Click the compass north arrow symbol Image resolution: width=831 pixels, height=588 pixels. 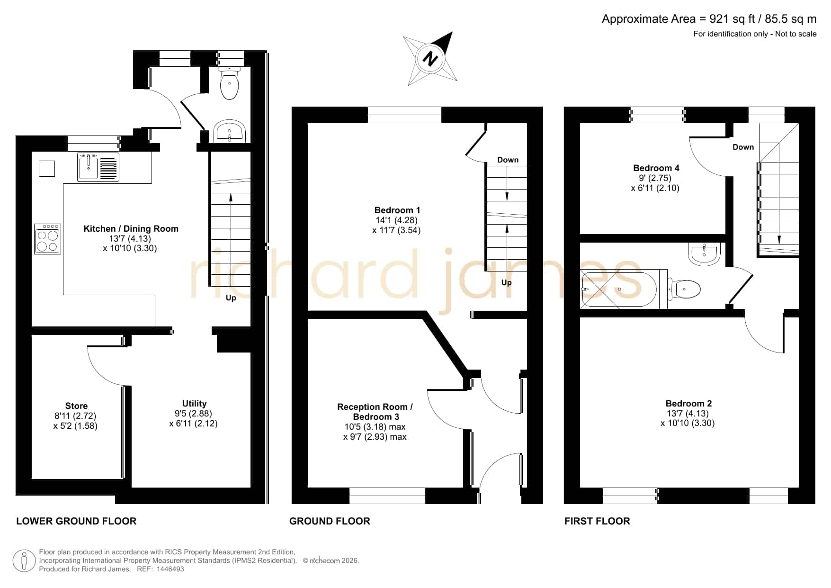[430, 59]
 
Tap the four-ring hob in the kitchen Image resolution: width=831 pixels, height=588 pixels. [47, 239]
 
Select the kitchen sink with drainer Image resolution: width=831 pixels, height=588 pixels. [98, 167]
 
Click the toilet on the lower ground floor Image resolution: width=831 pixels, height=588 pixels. [230, 83]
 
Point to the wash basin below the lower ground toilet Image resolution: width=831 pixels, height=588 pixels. [230, 131]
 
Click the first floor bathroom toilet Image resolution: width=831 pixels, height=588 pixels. [684, 289]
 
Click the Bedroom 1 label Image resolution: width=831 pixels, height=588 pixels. [397, 210]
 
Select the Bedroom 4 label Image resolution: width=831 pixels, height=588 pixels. [656, 168]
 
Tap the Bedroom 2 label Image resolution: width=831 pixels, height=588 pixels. [688, 403]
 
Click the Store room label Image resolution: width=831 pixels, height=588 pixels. [76, 406]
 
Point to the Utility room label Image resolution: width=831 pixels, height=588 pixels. [194, 403]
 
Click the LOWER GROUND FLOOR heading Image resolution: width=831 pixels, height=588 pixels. [76, 521]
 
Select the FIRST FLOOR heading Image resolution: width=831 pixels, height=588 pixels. [597, 521]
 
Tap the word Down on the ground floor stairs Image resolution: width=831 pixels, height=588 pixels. [508, 160]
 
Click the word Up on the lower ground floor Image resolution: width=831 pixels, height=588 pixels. [231, 298]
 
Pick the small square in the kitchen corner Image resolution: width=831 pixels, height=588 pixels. [47, 169]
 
